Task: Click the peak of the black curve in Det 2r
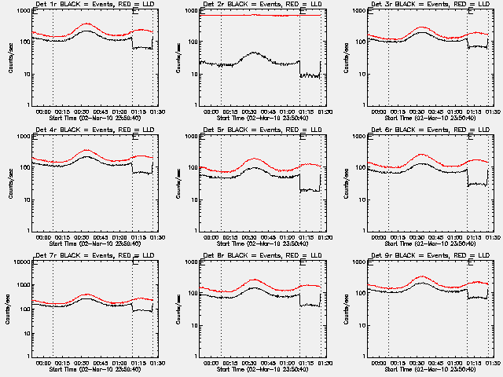click(x=252, y=53)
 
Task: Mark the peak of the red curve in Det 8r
click(x=254, y=280)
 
